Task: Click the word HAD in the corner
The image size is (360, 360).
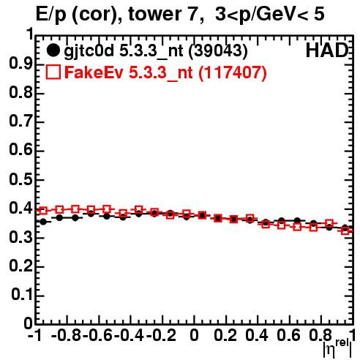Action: click(x=327, y=50)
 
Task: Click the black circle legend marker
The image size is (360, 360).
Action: click(x=53, y=50)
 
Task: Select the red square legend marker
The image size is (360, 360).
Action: click(x=53, y=72)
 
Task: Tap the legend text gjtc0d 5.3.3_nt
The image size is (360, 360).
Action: click(x=124, y=51)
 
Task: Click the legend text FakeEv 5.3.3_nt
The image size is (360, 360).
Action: click(x=129, y=72)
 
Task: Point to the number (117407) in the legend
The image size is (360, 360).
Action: click(x=233, y=72)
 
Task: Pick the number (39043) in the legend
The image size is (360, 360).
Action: click(x=218, y=51)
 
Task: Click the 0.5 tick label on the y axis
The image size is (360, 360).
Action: click(x=21, y=179)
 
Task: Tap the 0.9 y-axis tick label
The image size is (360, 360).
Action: click(x=21, y=64)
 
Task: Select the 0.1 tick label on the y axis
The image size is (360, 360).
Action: click(x=22, y=295)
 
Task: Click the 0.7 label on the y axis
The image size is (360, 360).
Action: click(x=21, y=121)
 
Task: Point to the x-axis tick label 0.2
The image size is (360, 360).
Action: click(x=225, y=335)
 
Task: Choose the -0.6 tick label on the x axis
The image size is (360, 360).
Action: click(x=97, y=335)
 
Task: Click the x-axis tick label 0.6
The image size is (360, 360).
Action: click(x=288, y=335)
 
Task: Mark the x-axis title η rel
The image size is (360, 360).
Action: click(x=337, y=348)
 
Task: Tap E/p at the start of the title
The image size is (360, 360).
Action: click(x=51, y=15)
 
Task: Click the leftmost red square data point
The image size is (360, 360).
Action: click(x=43, y=211)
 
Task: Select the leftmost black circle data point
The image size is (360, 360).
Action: click(x=43, y=222)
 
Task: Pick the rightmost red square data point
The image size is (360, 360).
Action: click(x=345, y=230)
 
